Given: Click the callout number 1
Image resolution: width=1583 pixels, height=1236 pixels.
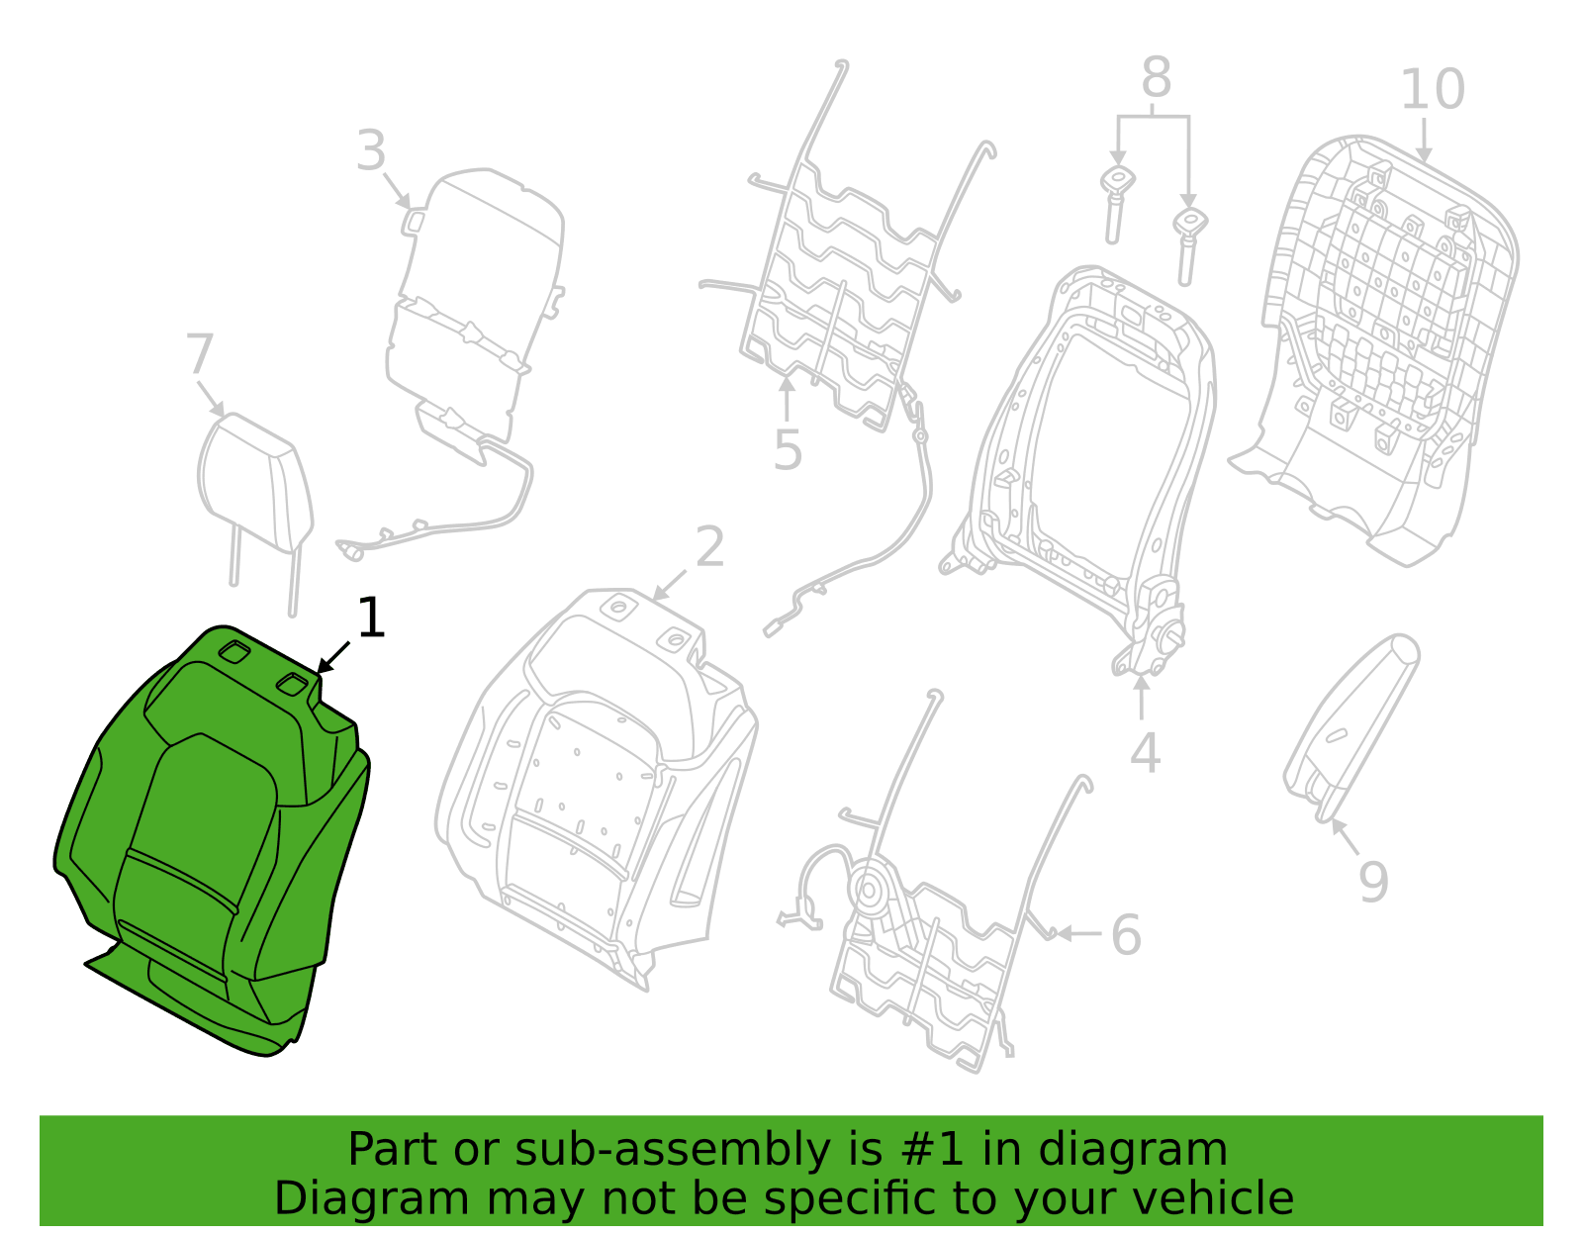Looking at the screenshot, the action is [x=371, y=618].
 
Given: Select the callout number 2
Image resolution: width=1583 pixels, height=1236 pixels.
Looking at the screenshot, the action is [x=709, y=546].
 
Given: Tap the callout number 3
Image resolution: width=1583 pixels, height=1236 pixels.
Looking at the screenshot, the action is [x=371, y=150].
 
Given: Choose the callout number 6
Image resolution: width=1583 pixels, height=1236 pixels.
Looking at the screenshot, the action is [x=1126, y=934].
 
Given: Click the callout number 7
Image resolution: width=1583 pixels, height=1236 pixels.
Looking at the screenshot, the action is [x=200, y=354].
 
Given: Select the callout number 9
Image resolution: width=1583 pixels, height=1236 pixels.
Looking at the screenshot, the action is [x=1374, y=882].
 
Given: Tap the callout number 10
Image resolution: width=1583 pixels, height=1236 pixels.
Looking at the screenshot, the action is [x=1433, y=89].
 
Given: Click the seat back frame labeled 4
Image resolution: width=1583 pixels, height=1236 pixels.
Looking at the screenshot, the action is [x=1078, y=466].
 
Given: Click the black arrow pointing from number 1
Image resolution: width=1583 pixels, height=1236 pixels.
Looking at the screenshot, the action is [x=332, y=658].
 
